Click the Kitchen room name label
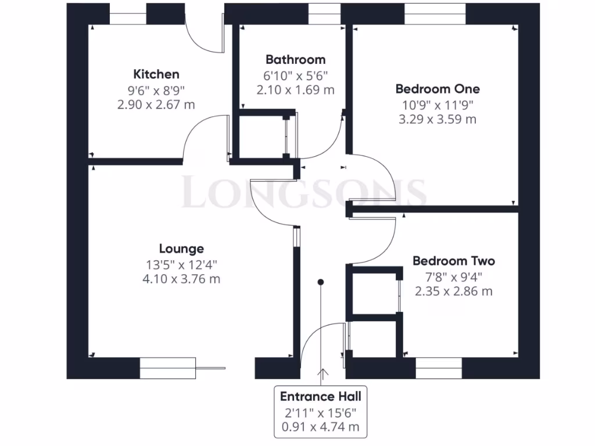click(156, 74)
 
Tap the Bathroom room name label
click(295, 59)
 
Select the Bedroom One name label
click(438, 89)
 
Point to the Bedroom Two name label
click(453, 261)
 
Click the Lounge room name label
click(181, 249)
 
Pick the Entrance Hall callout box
click(320, 412)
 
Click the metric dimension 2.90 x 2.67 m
click(156, 105)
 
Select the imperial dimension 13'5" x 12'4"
click(181, 265)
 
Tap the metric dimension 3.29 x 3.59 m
click(438, 119)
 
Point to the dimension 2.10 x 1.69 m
click(295, 89)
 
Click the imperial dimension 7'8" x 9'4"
click(453, 276)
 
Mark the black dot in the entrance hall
click(320, 282)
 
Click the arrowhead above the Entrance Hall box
click(320, 372)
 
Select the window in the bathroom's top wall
click(324, 14)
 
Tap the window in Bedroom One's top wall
click(435, 14)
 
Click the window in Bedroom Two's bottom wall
click(439, 368)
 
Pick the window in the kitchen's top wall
click(128, 14)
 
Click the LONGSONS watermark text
click(304, 193)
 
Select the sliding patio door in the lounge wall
click(169, 368)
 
